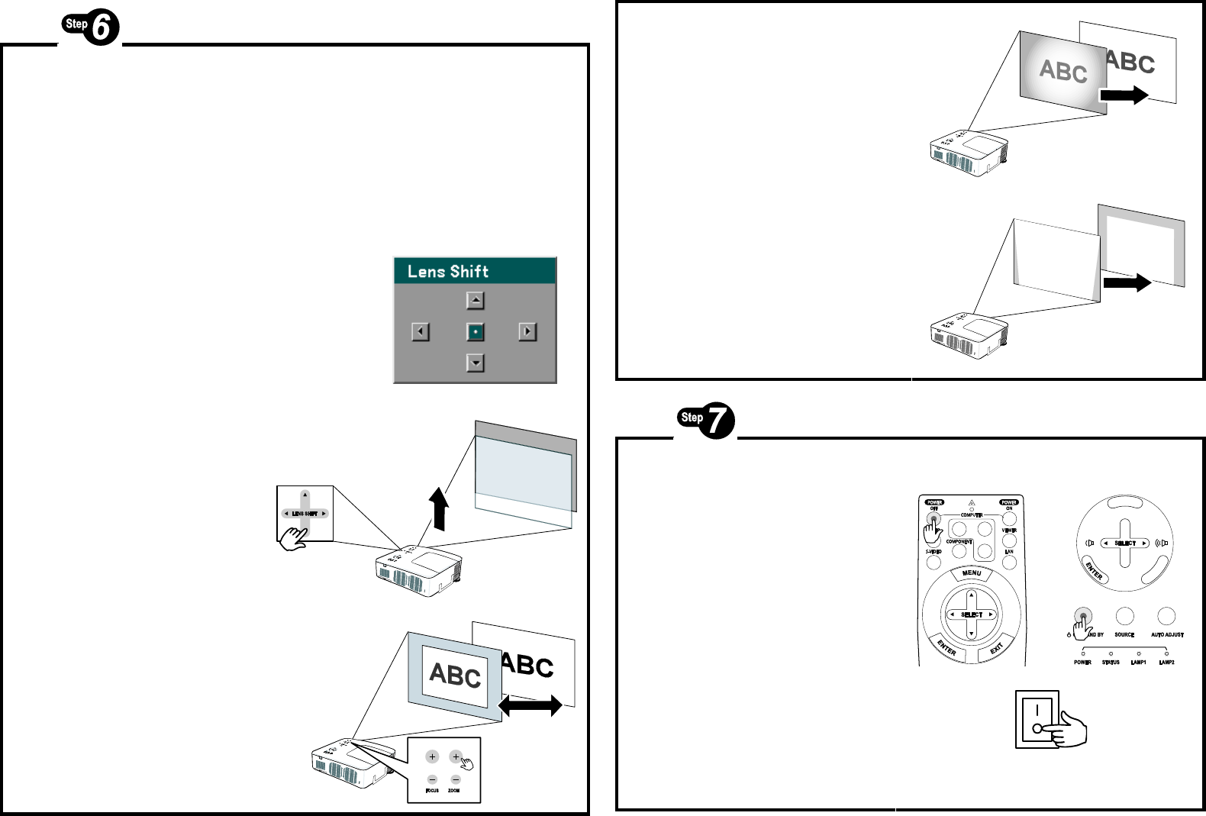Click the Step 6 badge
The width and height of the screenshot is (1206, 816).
click(91, 27)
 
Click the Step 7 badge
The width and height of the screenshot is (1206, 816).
click(706, 421)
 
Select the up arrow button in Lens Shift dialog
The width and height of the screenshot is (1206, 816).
click(475, 301)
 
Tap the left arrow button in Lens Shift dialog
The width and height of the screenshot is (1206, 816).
click(421, 332)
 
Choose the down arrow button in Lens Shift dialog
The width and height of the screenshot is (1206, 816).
click(475, 363)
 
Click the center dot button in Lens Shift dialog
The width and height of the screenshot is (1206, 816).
click(475, 332)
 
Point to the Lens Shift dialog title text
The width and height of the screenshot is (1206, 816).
click(448, 272)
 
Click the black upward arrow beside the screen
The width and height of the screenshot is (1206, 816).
click(439, 508)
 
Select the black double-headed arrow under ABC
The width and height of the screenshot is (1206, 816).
click(530, 705)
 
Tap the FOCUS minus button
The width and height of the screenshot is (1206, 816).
click(432, 779)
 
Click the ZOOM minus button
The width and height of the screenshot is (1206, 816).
click(456, 779)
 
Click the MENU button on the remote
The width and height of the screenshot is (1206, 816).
click(972, 573)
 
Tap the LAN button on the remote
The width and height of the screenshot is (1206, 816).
click(1009, 563)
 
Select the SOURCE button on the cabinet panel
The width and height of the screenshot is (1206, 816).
click(1124, 616)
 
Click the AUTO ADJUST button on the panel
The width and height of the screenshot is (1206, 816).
click(1166, 616)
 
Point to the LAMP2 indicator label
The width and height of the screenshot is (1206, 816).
click(1166, 663)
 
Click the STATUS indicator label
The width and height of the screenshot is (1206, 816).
click(1111, 663)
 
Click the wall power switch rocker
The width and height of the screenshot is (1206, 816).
click(1037, 719)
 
